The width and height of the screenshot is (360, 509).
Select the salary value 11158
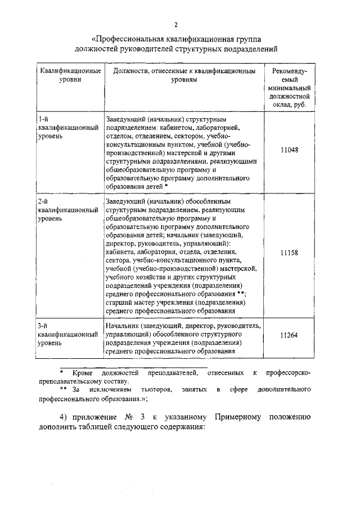pyautogui.click(x=288, y=253)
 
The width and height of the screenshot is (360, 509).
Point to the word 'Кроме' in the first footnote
pyautogui.click(x=82, y=373)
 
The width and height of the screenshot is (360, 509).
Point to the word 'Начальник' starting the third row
pyautogui.click(x=121, y=326)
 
